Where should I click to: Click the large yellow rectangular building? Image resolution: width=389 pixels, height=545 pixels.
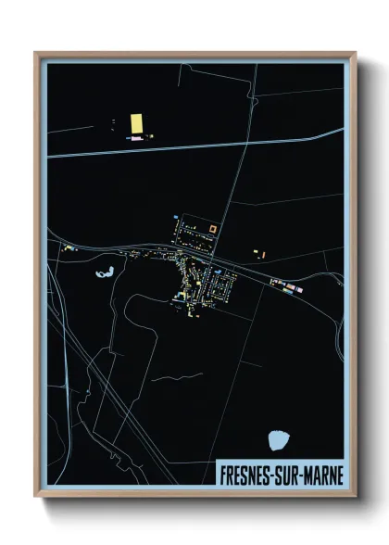point(136,123)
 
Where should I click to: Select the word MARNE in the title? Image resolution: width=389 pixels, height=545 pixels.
point(320,473)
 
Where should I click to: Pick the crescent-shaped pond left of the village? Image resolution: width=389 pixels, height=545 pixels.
point(104,273)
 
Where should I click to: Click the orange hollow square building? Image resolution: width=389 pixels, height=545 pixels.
point(212,228)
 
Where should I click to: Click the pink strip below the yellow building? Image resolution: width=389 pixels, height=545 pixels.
point(136,138)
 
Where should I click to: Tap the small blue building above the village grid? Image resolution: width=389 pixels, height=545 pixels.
point(174,218)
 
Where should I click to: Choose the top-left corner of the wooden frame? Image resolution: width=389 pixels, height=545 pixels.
point(36,54)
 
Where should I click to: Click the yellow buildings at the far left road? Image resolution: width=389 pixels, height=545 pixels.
point(66,247)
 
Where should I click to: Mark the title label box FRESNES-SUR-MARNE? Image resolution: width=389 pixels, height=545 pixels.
point(279,473)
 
